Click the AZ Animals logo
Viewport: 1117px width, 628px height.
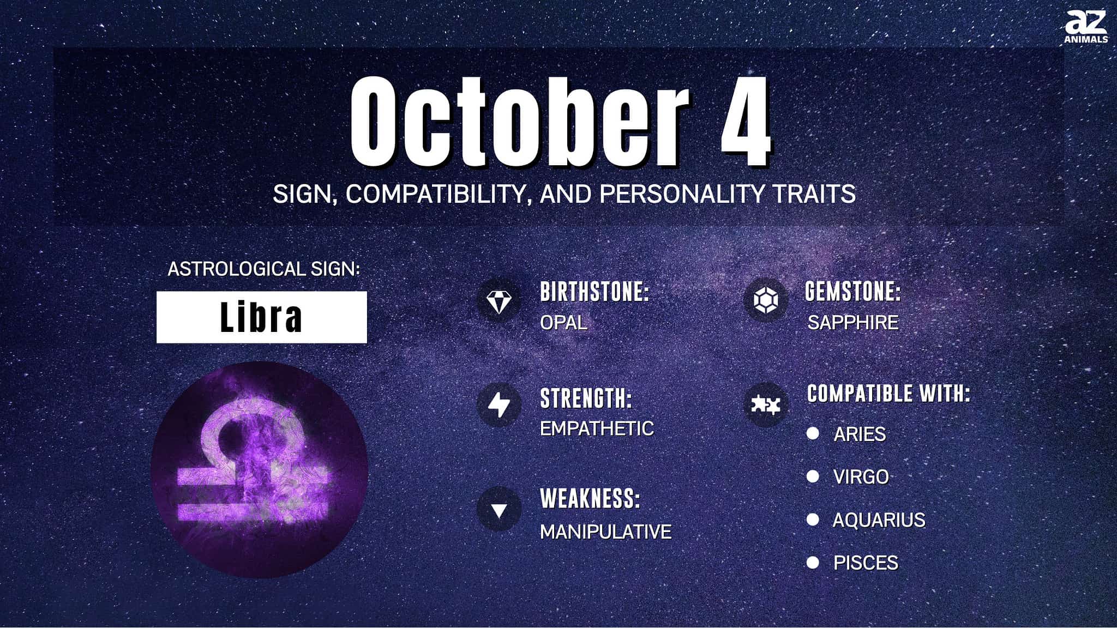coord(1086,26)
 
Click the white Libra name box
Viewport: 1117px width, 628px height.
coord(262,317)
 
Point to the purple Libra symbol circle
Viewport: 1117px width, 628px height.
coord(260,469)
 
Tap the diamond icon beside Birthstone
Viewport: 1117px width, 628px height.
coord(499,301)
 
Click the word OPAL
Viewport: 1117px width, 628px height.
coord(563,323)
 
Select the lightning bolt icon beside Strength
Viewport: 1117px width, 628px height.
coord(499,405)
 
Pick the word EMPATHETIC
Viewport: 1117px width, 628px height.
coord(597,428)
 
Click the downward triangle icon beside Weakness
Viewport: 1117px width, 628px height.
coord(499,510)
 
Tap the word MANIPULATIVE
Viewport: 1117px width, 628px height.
coord(605,532)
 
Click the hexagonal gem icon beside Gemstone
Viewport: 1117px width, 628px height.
coord(765,300)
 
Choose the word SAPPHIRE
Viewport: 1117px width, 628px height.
coord(853,323)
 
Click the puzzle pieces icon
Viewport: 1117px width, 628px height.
coord(765,405)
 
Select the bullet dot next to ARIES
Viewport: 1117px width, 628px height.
coord(813,433)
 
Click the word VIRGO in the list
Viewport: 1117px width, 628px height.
coord(861,477)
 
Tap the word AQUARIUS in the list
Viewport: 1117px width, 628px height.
coord(879,520)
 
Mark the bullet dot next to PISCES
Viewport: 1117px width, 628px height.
coord(813,562)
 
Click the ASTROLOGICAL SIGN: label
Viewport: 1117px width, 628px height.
coord(264,269)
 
